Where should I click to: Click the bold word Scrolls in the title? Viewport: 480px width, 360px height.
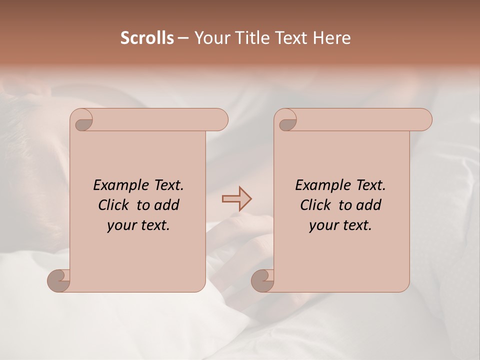[147, 38]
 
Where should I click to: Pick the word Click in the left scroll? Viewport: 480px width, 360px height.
[113, 205]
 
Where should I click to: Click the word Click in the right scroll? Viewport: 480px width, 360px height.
[315, 205]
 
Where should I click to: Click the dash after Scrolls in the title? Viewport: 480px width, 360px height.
[183, 38]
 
